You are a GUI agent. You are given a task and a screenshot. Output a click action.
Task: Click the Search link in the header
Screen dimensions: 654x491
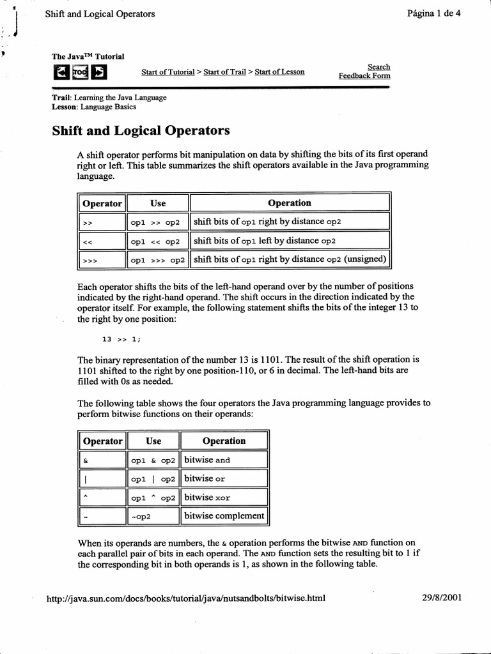(x=378, y=66)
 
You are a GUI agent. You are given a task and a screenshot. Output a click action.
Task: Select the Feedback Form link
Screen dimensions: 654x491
(x=364, y=76)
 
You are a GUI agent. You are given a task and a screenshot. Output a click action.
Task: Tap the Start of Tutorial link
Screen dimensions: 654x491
(x=168, y=72)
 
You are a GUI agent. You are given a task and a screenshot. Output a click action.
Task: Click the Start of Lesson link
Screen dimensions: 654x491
(x=279, y=72)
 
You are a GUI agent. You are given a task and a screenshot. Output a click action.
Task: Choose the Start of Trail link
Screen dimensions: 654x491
(x=224, y=72)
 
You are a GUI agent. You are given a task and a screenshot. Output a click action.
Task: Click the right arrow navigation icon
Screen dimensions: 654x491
(x=98, y=72)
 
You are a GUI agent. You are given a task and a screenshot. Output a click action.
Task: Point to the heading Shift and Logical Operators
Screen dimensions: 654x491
(x=140, y=131)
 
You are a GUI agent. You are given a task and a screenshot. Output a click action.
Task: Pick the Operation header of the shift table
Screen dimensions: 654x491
(x=290, y=203)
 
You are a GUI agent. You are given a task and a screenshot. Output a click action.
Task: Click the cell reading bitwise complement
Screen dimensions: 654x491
(x=224, y=515)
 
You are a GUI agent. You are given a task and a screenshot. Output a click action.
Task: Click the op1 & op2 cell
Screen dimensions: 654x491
(x=153, y=460)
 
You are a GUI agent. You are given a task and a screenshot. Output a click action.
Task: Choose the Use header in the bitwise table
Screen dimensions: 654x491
(x=153, y=441)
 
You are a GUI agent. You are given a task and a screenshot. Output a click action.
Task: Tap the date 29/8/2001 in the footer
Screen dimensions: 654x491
(x=442, y=598)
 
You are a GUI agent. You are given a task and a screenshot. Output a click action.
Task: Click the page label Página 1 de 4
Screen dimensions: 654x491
(x=433, y=13)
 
